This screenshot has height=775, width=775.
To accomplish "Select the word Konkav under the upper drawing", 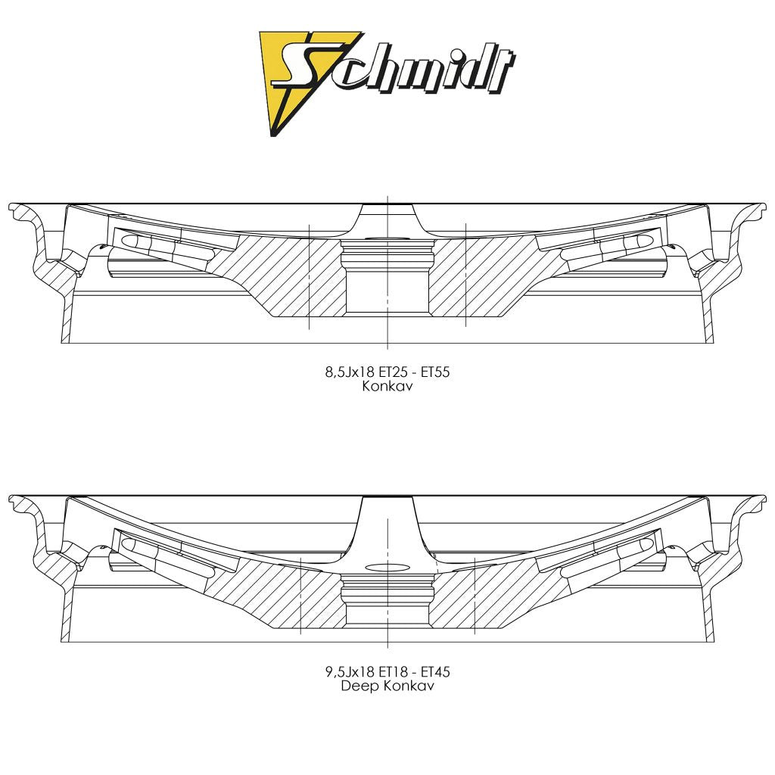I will coord(387,385).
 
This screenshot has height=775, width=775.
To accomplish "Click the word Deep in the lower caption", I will coord(358,686).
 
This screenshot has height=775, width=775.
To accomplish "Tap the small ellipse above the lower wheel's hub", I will coord(387,566).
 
